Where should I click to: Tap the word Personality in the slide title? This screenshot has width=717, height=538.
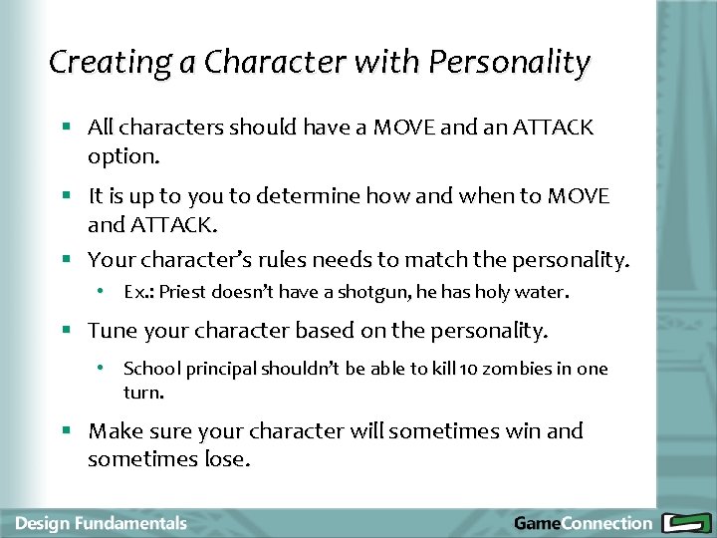(509, 63)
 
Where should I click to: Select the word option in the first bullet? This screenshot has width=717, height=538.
(120, 157)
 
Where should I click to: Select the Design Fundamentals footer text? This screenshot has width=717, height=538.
(101, 523)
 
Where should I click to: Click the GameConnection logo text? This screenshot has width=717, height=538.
(583, 523)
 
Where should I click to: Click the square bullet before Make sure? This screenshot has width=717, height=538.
(66, 431)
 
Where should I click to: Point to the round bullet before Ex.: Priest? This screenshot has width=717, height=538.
(102, 293)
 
